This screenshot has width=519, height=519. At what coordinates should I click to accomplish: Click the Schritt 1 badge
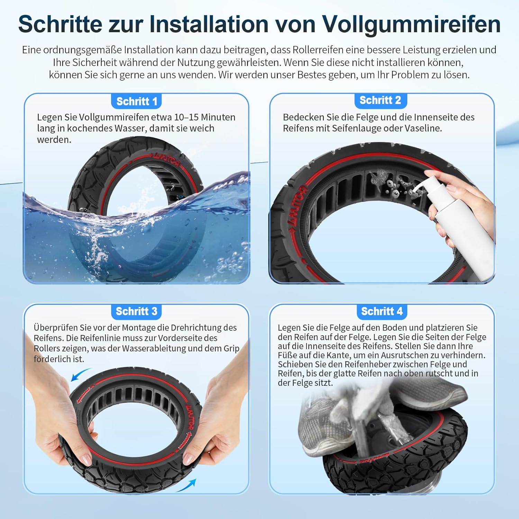(x=137, y=101)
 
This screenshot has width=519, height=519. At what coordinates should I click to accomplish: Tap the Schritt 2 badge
(x=380, y=100)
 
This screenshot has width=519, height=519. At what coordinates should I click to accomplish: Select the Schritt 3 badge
(x=136, y=311)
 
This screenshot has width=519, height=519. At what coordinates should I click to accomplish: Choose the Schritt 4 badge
(x=382, y=311)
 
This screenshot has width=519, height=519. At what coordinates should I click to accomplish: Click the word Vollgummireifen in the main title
(x=411, y=24)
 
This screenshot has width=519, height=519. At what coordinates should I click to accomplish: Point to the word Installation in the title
(x=209, y=24)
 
